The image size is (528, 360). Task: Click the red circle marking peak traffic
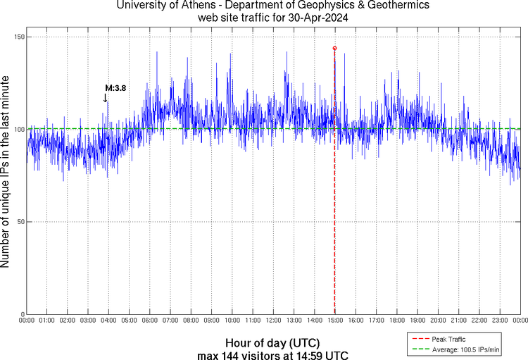click(334, 48)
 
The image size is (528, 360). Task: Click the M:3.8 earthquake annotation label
click(115, 88)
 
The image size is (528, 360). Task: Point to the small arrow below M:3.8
click(106, 99)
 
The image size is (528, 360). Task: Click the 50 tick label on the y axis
click(19, 222)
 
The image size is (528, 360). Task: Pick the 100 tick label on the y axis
click(17, 130)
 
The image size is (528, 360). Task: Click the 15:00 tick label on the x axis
click(335, 321)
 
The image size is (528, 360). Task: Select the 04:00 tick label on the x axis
click(108, 321)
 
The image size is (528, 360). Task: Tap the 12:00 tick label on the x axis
click(273, 321)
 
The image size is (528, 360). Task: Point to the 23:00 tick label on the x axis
click(500, 321)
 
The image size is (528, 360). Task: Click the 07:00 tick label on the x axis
click(170, 321)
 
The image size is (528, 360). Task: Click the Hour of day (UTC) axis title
click(272, 342)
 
